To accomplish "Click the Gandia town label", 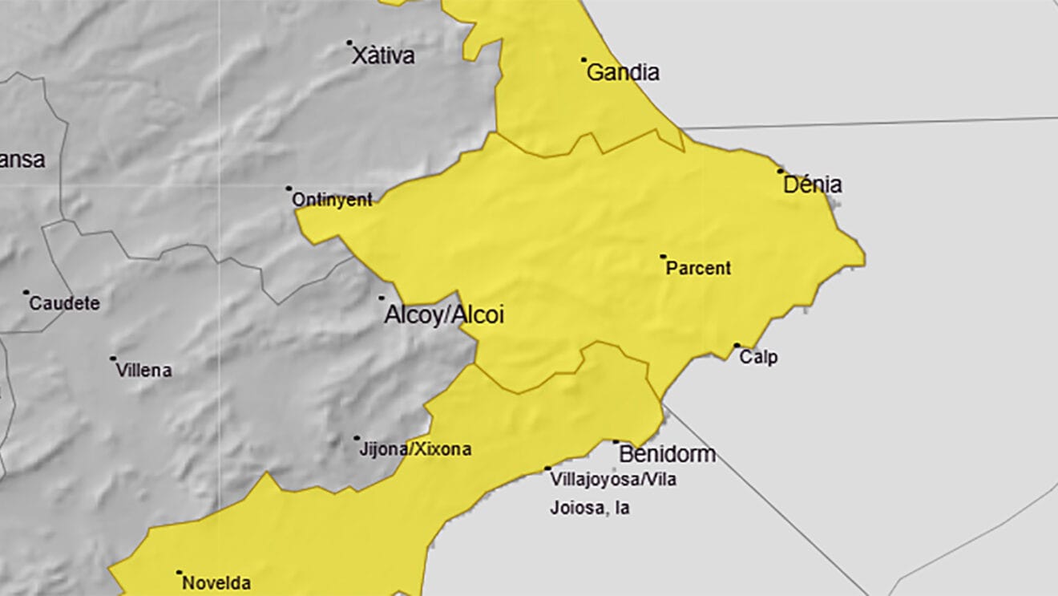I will click(623, 73).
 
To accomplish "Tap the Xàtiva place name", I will click(383, 56).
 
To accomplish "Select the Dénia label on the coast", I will click(812, 185).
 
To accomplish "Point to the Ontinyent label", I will click(332, 201).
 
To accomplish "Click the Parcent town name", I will click(698, 269).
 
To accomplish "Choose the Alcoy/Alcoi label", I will click(444, 315).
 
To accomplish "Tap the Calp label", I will click(757, 358).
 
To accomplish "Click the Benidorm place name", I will click(667, 455).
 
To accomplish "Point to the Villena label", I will click(143, 371).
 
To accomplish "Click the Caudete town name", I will click(64, 304).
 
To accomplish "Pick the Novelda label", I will click(216, 583).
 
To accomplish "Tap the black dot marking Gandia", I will click(584, 59).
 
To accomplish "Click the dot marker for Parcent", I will click(663, 257).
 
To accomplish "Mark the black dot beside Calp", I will click(737, 346).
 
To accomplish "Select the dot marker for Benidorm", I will click(616, 442).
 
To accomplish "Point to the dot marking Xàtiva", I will click(349, 43).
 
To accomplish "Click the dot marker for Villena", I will click(113, 359).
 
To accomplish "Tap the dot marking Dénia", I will click(780, 171).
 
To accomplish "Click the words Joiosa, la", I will click(589, 508).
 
